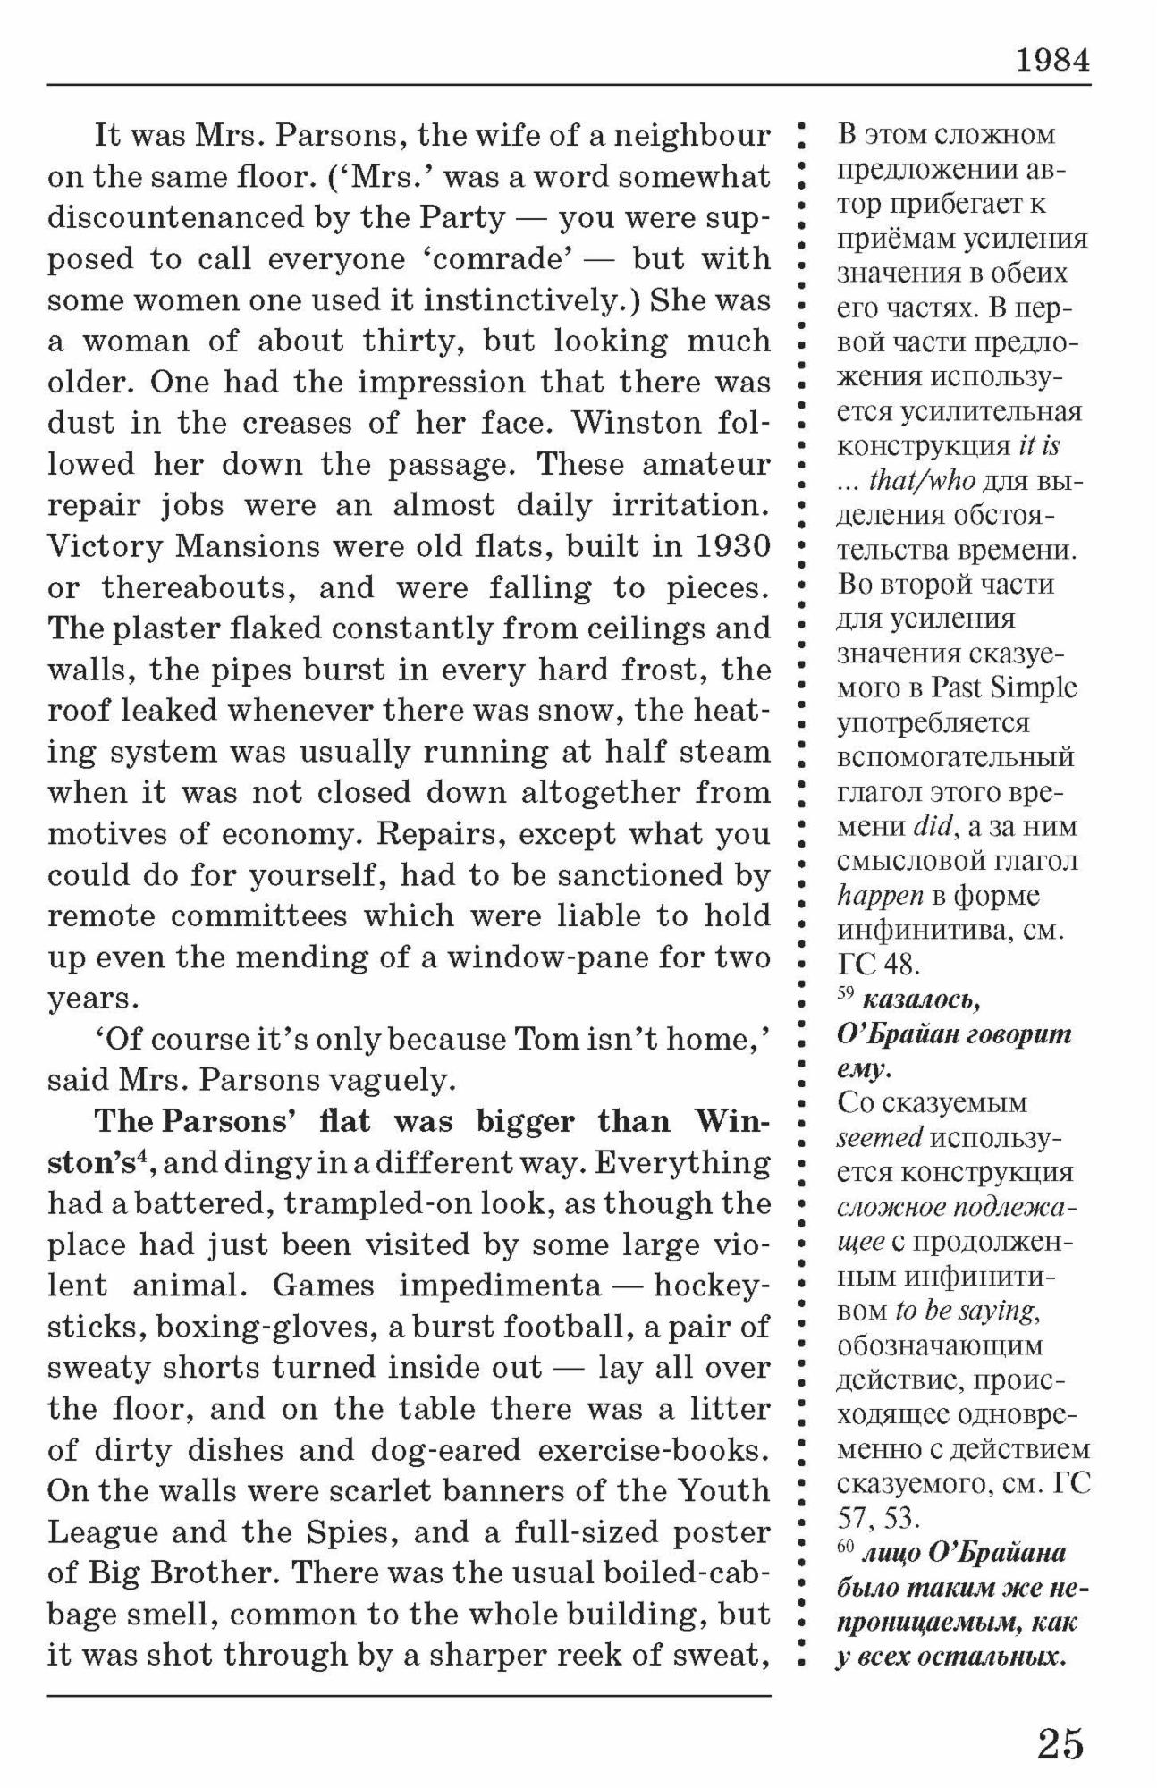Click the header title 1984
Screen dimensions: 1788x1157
[x=1053, y=60]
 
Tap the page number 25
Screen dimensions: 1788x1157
[x=1060, y=1742]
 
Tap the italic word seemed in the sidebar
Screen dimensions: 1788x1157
[x=880, y=1137]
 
